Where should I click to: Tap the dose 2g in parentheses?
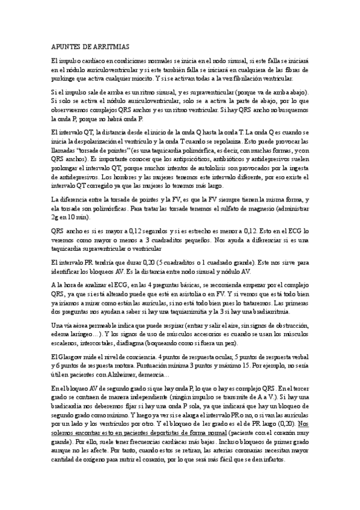tap(56, 217)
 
